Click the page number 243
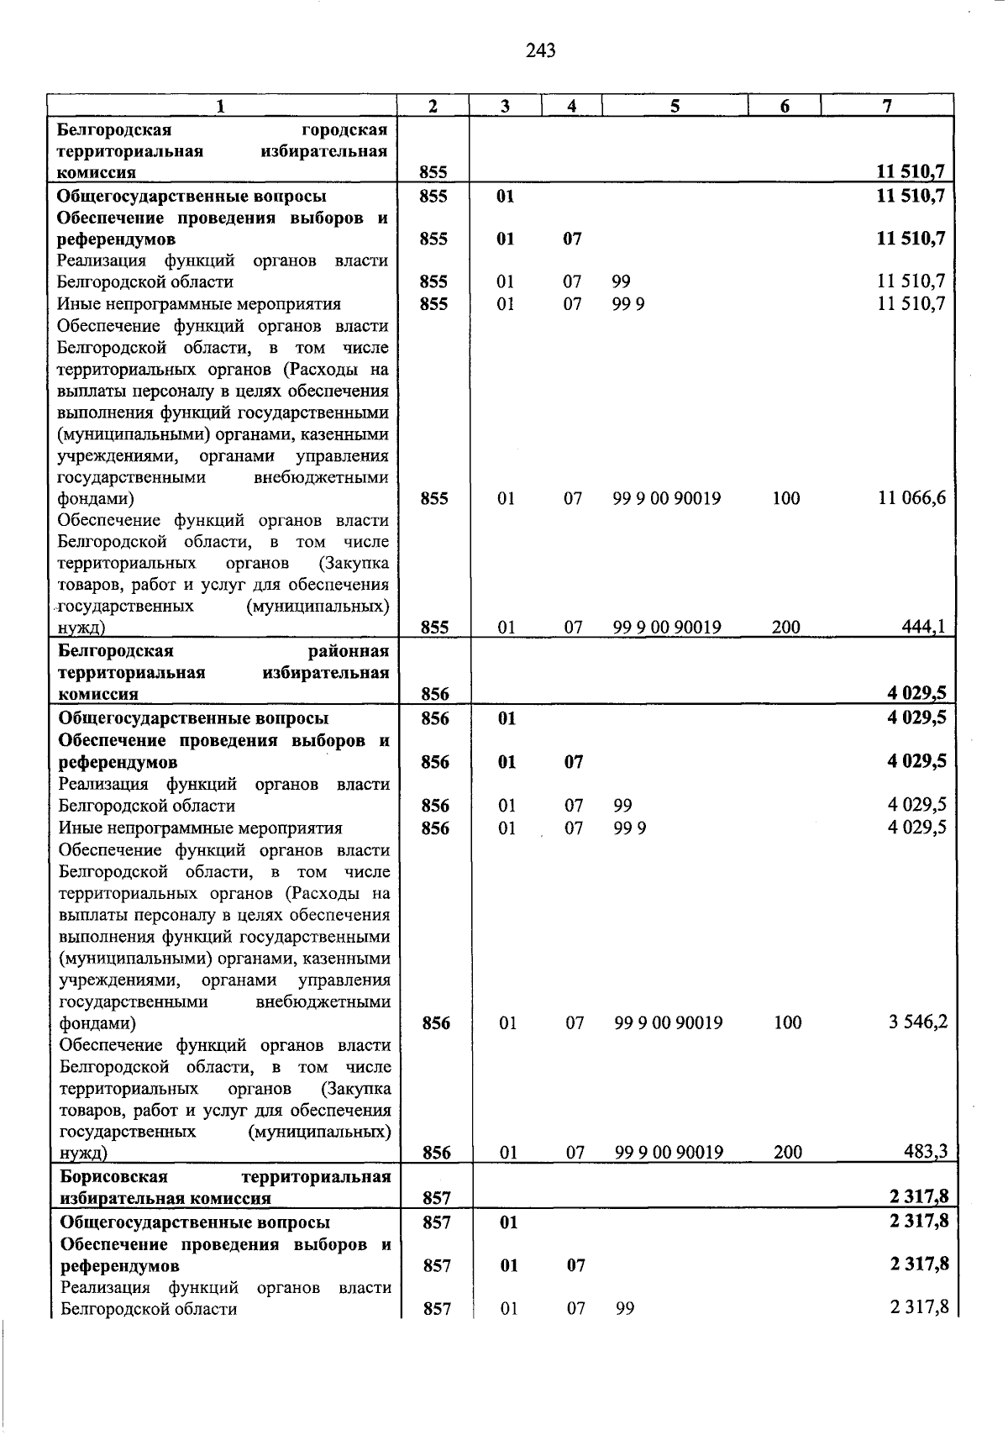[x=541, y=51]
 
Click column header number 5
[x=675, y=106]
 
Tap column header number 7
[x=887, y=106]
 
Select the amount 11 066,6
[x=911, y=498]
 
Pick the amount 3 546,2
[x=917, y=1022]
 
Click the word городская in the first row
[x=344, y=130]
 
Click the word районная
[x=349, y=652]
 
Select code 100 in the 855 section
[x=786, y=498]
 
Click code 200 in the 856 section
[x=788, y=1152]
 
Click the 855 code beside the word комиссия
[x=433, y=173]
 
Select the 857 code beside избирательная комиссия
[x=437, y=1199]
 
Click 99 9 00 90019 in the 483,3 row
[x=669, y=1152]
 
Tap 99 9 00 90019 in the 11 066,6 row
[x=667, y=498]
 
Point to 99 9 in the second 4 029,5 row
[x=630, y=828]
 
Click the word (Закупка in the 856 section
[x=355, y=1089]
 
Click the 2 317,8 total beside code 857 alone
[x=918, y=1198]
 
